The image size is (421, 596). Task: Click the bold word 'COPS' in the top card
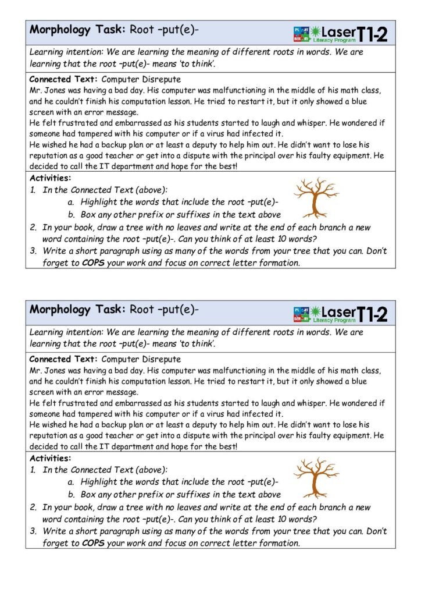point(93,262)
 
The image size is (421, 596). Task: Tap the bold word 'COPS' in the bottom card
point(93,543)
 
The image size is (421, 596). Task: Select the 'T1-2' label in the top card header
point(372,34)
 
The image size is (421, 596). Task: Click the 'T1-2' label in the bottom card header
point(372,314)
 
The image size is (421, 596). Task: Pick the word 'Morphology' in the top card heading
point(60,29)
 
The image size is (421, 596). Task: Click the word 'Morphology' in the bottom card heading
point(60,309)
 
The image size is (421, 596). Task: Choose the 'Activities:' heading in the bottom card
point(50,458)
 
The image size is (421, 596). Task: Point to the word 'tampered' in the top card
point(102,134)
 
